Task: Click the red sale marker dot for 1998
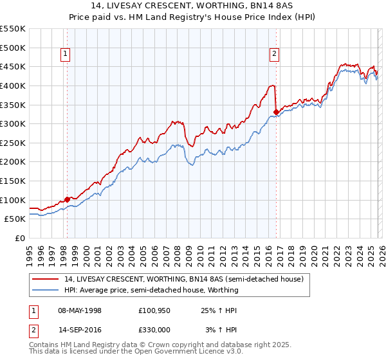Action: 67,199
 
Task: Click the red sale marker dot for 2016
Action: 276,112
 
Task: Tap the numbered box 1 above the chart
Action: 66,55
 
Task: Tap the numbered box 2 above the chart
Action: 275,55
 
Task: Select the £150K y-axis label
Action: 13,181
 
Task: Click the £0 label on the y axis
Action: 20,238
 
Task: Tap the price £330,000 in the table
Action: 154,329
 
